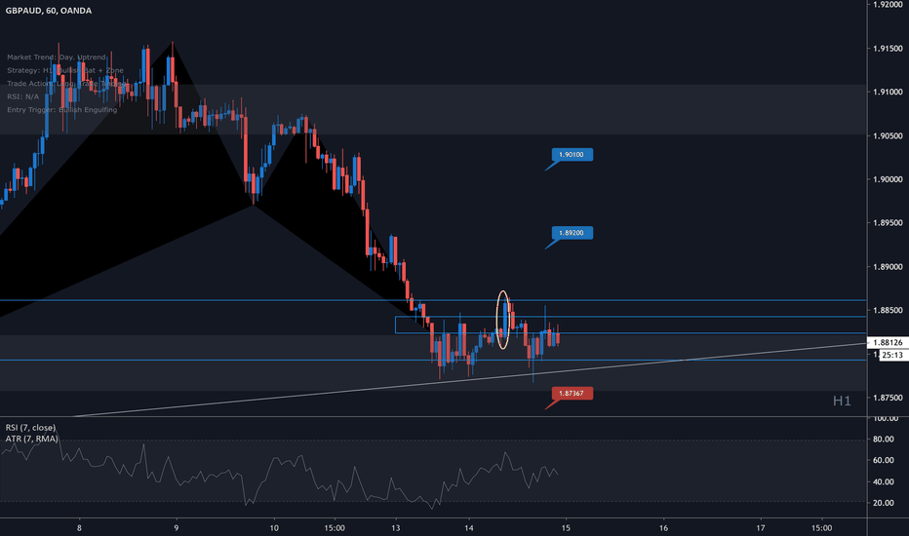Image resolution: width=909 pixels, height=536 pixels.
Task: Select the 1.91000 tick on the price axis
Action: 887,93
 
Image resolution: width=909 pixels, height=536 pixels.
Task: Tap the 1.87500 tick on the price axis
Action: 887,397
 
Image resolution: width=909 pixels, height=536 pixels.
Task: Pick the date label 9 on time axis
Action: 176,525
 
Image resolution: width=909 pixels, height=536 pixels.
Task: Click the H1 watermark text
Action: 843,401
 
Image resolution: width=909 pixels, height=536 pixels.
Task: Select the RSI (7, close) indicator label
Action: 30,428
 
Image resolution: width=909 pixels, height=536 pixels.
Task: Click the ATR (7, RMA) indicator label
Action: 30,440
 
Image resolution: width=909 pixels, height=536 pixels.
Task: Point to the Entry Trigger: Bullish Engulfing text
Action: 61,110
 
